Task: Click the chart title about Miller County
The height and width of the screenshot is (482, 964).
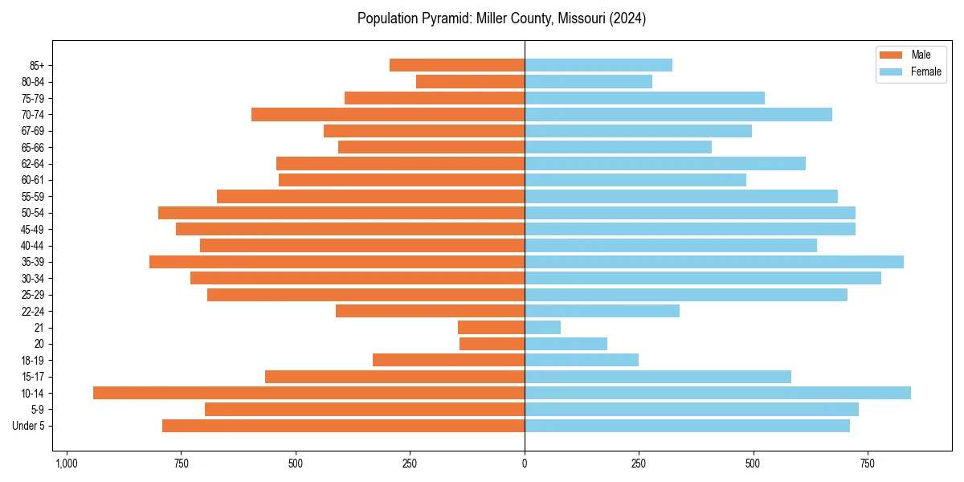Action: [501, 18]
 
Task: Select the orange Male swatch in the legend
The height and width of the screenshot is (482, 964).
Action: [891, 55]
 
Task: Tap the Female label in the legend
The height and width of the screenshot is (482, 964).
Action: [925, 71]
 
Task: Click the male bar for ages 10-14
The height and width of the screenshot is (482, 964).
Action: [308, 393]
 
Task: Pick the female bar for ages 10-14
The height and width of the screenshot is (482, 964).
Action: [717, 393]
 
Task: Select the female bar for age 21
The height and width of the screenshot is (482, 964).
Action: [542, 327]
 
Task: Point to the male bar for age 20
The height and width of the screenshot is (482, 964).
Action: [492, 344]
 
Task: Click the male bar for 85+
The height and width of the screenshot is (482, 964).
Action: [457, 65]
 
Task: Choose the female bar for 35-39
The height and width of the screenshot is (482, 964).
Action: [713, 262]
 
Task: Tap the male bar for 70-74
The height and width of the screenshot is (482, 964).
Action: [388, 114]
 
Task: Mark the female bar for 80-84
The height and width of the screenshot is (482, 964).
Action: [588, 81]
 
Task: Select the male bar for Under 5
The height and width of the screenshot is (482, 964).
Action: [343, 426]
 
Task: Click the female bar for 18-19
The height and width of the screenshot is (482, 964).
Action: [581, 360]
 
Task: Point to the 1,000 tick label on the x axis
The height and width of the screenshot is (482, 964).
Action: [66, 464]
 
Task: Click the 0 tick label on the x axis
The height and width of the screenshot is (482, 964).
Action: [525, 464]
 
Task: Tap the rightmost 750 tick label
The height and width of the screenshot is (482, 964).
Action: [868, 464]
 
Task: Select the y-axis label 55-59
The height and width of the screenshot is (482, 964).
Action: [33, 197]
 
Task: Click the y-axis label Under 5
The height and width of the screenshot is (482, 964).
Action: [29, 426]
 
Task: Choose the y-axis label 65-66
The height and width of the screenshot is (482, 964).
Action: [33, 147]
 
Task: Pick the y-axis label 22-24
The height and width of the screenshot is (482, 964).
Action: [33, 311]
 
